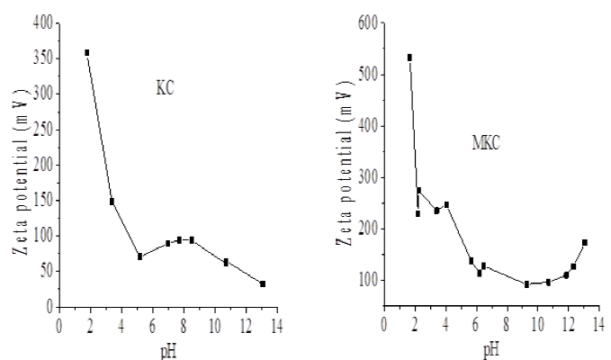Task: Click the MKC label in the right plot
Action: coord(487,142)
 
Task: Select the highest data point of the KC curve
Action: coord(87,53)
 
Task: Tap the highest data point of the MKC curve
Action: coord(409,58)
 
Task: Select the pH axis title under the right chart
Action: coord(491,347)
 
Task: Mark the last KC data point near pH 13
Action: coord(263,283)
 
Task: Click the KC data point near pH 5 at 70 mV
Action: coord(140,256)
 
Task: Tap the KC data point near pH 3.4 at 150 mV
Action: coord(112,202)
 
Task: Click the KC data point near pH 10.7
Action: coord(226,262)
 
